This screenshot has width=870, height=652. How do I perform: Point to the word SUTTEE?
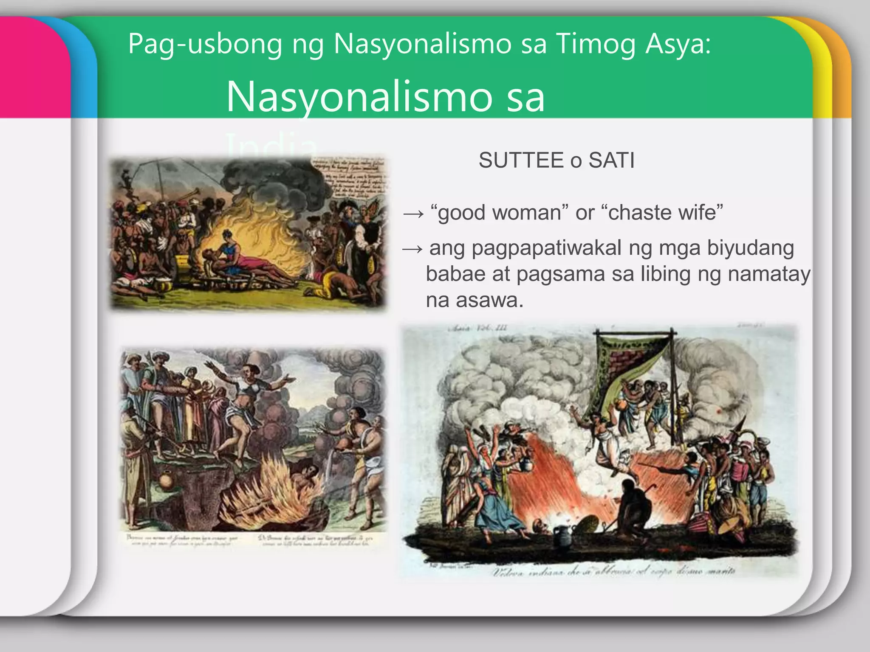[521, 160]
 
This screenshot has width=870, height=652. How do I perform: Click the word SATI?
[612, 160]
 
